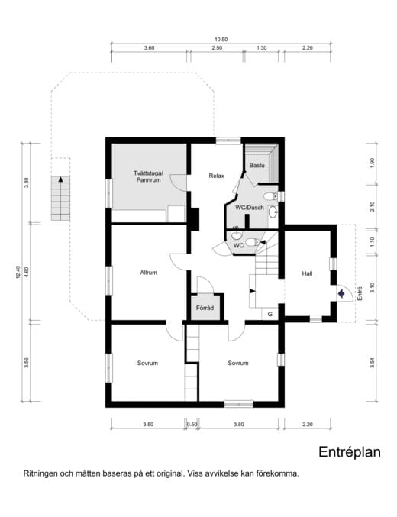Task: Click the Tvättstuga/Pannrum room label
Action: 148,177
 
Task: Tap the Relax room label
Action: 216,176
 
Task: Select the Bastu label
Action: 257,165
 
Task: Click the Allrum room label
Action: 148,273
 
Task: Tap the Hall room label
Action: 307,273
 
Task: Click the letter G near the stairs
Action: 270,313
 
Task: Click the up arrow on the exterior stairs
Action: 58,183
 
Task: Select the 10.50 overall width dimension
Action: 221,40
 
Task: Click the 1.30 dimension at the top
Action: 262,48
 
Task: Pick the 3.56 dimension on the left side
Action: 27,362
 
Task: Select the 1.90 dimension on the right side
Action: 372,163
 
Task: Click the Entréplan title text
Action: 349,451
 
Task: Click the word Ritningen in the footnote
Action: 42,473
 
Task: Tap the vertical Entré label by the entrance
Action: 358,292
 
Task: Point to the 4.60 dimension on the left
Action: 27,271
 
